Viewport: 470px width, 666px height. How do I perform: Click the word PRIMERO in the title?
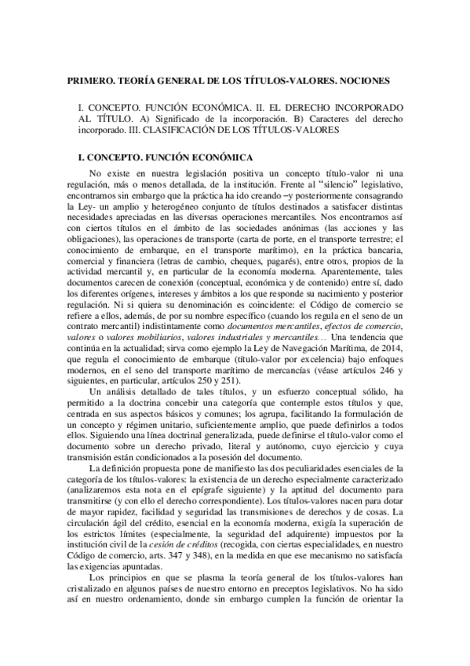click(x=89, y=80)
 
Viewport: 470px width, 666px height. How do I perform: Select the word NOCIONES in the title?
click(x=373, y=80)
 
